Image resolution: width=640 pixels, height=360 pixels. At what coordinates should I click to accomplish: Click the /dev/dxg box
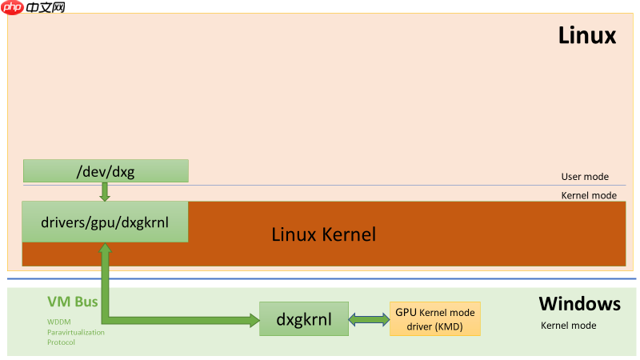point(106,170)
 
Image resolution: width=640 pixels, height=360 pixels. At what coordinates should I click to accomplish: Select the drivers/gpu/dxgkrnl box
point(105,222)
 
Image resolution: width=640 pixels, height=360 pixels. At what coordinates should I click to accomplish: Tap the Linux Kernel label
point(323,234)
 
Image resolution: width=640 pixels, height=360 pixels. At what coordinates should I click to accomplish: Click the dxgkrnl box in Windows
point(305,319)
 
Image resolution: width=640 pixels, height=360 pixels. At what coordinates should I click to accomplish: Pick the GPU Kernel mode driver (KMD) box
point(435,319)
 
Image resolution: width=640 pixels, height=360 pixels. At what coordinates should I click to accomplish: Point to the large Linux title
point(586,36)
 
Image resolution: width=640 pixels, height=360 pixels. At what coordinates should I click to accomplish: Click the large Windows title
point(579,304)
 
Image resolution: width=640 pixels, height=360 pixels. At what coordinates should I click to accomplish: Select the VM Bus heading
point(72,302)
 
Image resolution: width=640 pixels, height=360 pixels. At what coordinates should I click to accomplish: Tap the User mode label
point(585,177)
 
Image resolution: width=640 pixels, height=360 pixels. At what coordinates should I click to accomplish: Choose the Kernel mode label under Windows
point(568,326)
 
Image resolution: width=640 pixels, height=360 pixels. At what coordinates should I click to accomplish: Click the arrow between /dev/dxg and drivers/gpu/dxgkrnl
point(105,192)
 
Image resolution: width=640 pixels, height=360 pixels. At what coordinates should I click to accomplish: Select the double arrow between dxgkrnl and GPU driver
point(369,319)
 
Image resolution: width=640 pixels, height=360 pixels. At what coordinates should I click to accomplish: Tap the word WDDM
point(58,322)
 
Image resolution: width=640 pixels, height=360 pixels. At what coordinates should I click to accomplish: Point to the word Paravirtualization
point(75,332)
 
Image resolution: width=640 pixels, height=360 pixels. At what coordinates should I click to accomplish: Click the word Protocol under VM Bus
point(61,342)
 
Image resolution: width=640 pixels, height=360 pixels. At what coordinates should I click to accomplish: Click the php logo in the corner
point(12,7)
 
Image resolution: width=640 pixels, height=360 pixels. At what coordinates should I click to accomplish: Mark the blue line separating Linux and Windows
point(320,278)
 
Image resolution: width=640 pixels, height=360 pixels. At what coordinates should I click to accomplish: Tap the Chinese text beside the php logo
point(46,7)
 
